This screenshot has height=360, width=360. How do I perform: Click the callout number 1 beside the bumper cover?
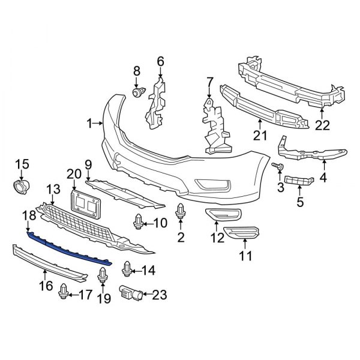[x=89, y=124]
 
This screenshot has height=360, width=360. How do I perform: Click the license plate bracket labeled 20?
[x=85, y=203]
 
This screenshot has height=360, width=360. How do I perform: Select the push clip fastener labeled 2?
[x=181, y=212]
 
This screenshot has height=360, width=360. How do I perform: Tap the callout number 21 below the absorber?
[x=260, y=136]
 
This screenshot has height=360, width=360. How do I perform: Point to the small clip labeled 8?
[x=139, y=92]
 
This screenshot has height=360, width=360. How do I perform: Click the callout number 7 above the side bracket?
[x=209, y=81]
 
